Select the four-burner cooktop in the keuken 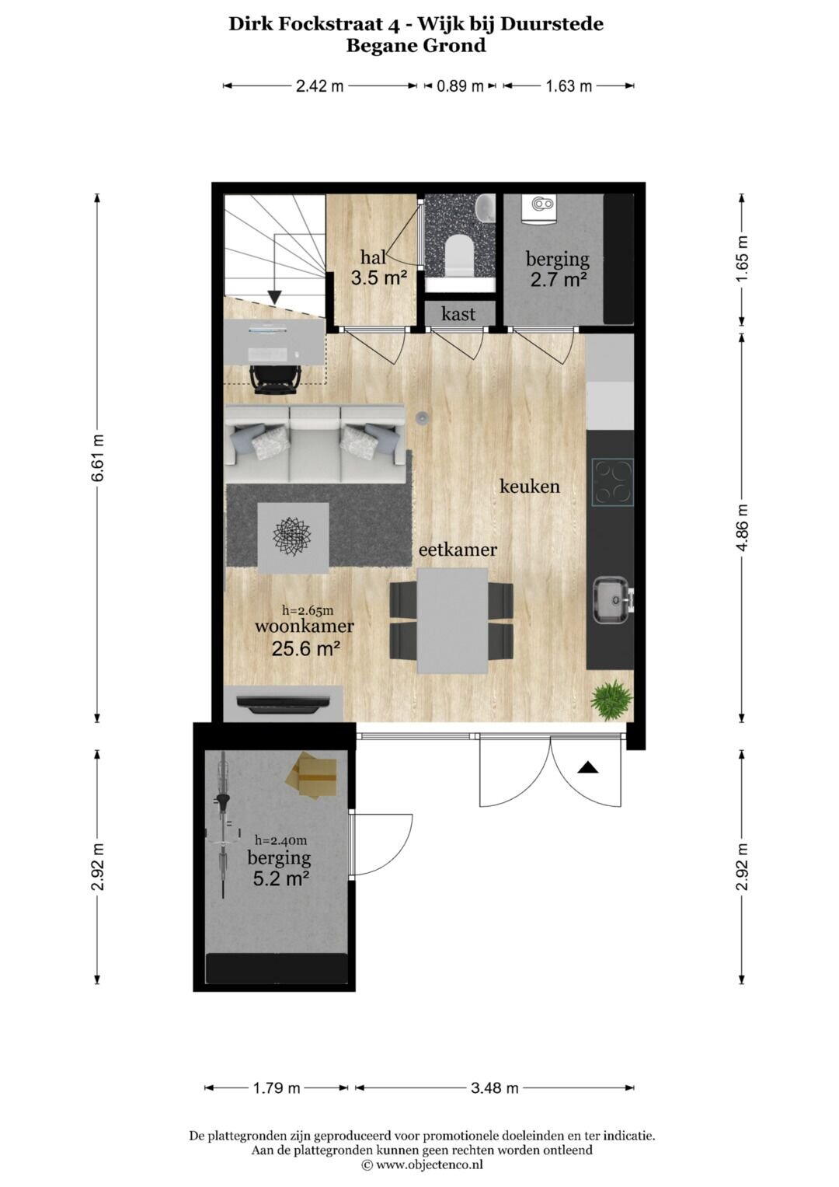pyautogui.click(x=613, y=482)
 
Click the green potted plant pyautogui.click(x=611, y=700)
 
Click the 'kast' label pyautogui.click(x=458, y=314)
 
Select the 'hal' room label pyautogui.click(x=373, y=257)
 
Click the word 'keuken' pyautogui.click(x=530, y=486)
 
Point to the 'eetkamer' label pyautogui.click(x=458, y=550)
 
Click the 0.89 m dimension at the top pyautogui.click(x=460, y=86)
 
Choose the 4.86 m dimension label pyautogui.click(x=742, y=527)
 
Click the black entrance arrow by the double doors pyautogui.click(x=587, y=768)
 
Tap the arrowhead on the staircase pyautogui.click(x=274, y=297)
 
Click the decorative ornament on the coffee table pyautogui.click(x=292, y=537)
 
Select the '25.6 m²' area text pyautogui.click(x=305, y=648)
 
